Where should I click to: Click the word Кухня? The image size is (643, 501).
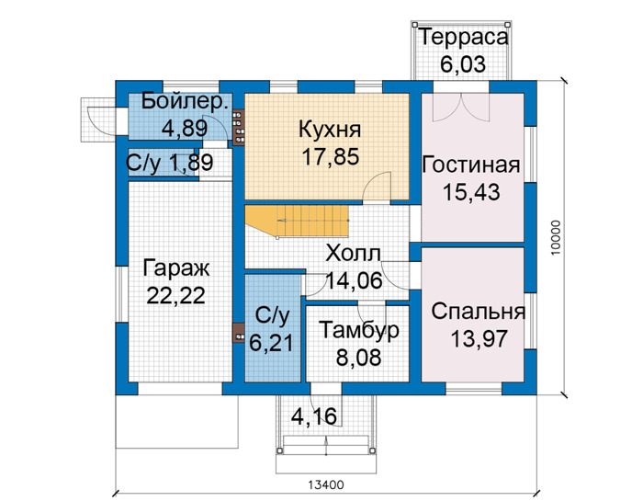tap(330, 130)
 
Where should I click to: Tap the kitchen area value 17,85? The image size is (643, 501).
tap(331, 157)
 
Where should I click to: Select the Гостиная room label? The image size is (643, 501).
tap(470, 165)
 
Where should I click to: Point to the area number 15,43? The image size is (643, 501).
tap(471, 192)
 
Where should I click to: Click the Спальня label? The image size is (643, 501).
tap(479, 312)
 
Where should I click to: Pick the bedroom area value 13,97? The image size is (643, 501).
tap(479, 339)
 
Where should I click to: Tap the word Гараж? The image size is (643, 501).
tap(176, 269)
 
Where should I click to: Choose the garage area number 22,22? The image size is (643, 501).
tap(176, 296)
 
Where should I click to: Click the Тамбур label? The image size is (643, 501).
tap(359, 330)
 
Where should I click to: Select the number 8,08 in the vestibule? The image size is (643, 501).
tap(359, 358)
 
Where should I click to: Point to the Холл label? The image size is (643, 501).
tap(353, 254)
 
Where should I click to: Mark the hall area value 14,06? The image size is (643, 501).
tap(355, 280)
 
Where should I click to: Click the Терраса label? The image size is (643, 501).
tap(464, 38)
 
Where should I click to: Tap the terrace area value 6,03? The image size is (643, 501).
tap(463, 64)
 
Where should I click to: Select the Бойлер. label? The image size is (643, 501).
tap(185, 101)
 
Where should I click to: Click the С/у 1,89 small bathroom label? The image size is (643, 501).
tap(170, 163)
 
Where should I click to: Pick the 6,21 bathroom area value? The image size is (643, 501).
tap(272, 344)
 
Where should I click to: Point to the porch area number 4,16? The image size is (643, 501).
tap(314, 416)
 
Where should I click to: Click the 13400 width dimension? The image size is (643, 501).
tap(326, 485)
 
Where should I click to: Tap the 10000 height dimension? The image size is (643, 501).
tap(555, 238)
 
